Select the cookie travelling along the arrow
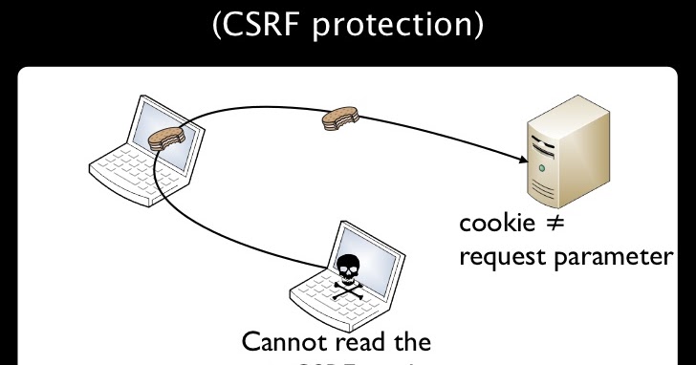click(340, 118)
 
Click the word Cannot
click(279, 341)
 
